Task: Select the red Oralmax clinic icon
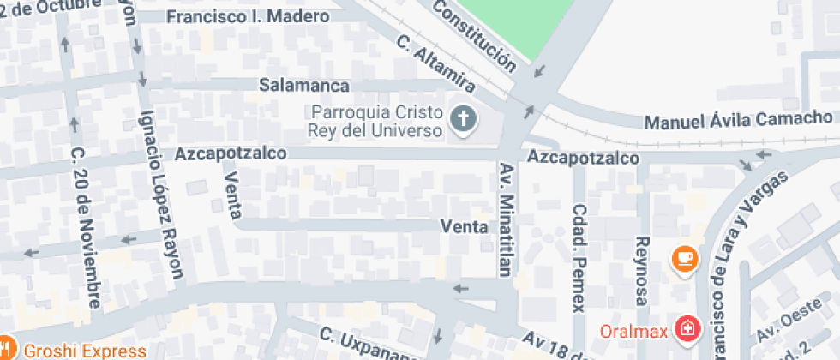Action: (x=687, y=328)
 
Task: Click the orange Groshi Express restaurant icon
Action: (x=8, y=351)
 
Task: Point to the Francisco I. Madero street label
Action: (x=248, y=17)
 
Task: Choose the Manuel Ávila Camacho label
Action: (x=738, y=119)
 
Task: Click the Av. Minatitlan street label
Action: (x=505, y=219)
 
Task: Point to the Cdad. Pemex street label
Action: (x=579, y=257)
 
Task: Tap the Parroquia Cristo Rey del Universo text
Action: (x=377, y=121)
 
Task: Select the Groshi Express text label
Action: (x=84, y=351)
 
